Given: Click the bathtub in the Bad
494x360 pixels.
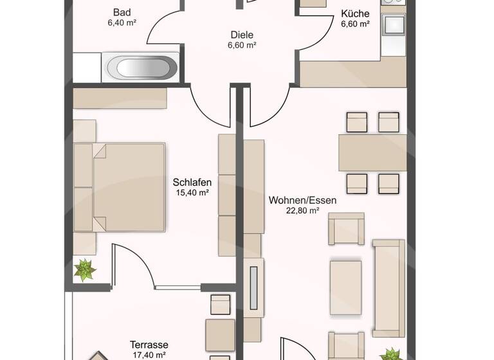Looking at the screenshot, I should [140, 66].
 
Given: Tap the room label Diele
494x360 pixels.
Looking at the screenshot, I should [242, 35].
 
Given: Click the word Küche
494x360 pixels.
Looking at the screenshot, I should [354, 14].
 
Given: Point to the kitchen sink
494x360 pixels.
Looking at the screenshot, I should [392, 25].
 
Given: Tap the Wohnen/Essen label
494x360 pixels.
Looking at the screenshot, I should [302, 200].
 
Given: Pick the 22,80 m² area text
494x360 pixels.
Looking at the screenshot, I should [302, 210].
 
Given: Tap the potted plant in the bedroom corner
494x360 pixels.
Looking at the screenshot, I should [84, 270].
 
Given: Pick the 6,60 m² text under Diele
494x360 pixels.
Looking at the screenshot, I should [242, 46].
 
